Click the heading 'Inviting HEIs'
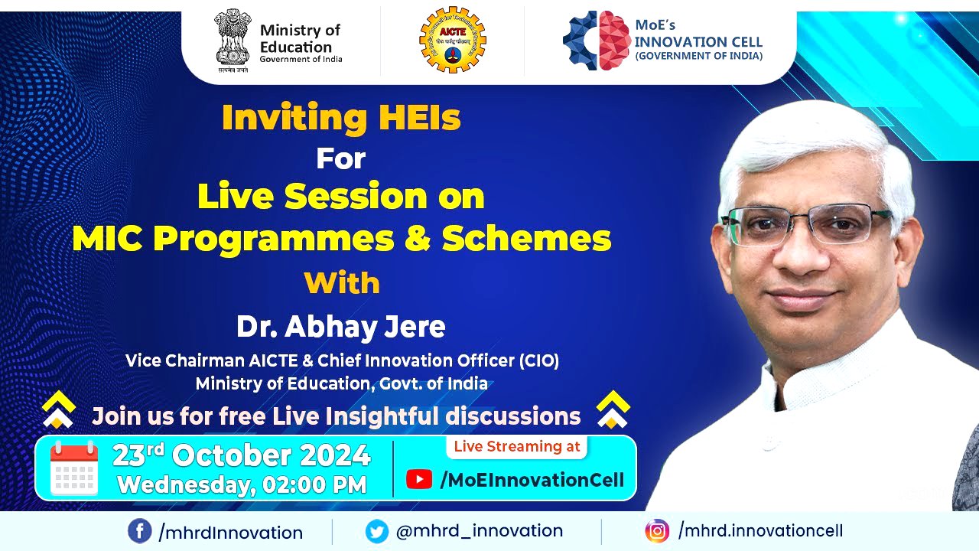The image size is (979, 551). pyautogui.click(x=341, y=118)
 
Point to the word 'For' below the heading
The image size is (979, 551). pyautogui.click(x=341, y=159)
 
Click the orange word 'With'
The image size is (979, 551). pyautogui.click(x=342, y=283)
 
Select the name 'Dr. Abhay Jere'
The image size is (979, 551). pyautogui.click(x=341, y=327)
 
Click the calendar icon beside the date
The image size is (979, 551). pyautogui.click(x=74, y=468)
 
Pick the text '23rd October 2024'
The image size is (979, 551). pyautogui.click(x=242, y=456)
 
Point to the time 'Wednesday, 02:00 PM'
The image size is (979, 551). pyautogui.click(x=242, y=484)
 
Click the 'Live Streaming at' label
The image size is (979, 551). pyautogui.click(x=517, y=447)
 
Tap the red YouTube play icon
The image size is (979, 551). pyautogui.click(x=419, y=480)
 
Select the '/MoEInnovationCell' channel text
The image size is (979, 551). pyautogui.click(x=532, y=480)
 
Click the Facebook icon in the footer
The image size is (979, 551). pyautogui.click(x=139, y=531)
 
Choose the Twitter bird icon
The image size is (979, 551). pyautogui.click(x=377, y=531)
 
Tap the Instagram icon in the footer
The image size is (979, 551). pyautogui.click(x=656, y=531)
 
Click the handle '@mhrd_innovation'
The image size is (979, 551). pyautogui.click(x=480, y=531)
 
